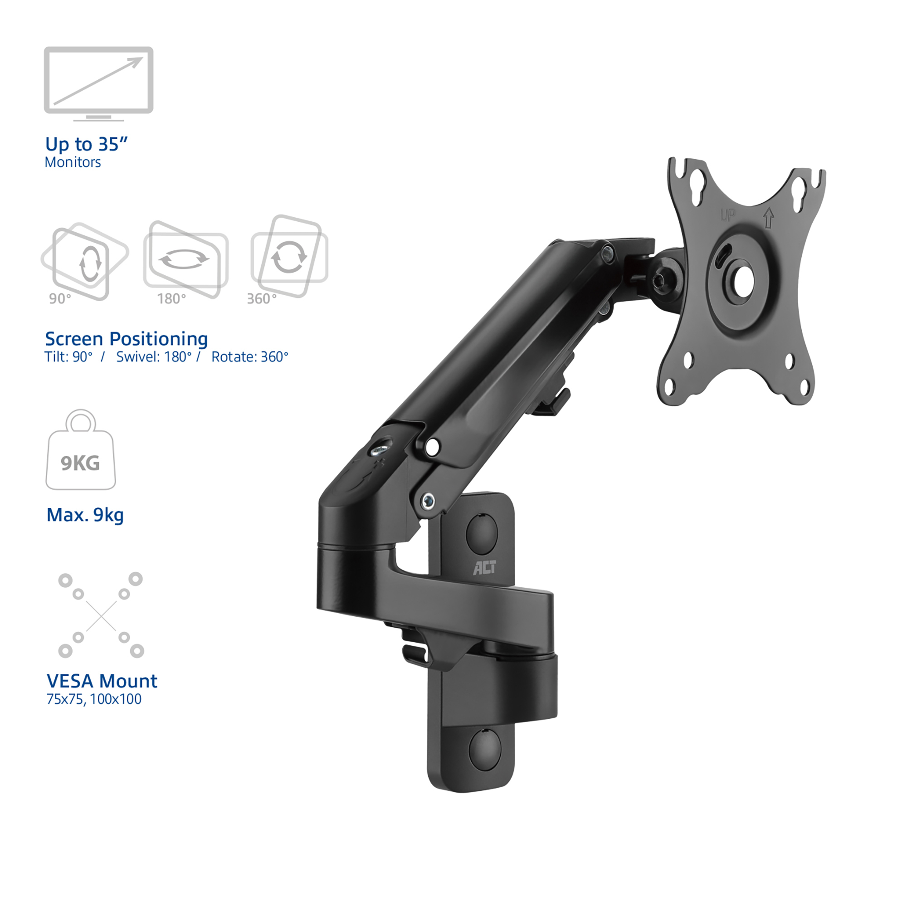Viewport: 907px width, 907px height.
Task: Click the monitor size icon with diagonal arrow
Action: pyautogui.click(x=98, y=83)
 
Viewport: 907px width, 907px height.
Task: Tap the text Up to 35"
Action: pyautogui.click(x=86, y=144)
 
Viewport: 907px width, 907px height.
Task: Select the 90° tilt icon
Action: pyautogui.click(x=84, y=262)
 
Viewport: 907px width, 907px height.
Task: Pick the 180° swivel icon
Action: pyautogui.click(x=185, y=259)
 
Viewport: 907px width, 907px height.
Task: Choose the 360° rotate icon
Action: pyautogui.click(x=289, y=256)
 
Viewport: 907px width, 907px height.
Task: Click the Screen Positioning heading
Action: pyautogui.click(x=126, y=339)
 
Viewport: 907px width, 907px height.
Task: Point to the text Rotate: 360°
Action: pyautogui.click(x=250, y=357)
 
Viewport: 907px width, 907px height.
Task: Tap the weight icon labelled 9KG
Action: pyautogui.click(x=81, y=449)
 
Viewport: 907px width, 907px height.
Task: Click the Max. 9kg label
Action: pyautogui.click(x=85, y=515)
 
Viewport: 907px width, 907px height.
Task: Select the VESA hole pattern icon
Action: pyautogui.click(x=101, y=615)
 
